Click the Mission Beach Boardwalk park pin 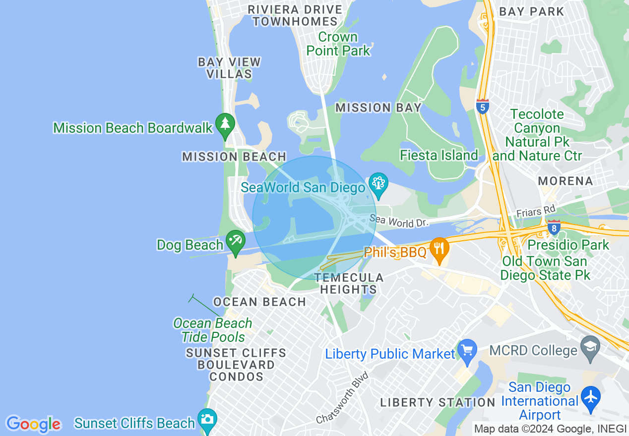[225, 126]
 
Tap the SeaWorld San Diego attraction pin [378, 186]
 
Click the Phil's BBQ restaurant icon [439, 250]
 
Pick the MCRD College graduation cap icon [590, 349]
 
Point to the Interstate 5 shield [482, 107]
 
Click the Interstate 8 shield [554, 227]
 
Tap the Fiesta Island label [439, 156]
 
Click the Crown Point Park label [338, 44]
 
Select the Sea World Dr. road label [399, 221]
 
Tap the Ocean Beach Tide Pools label [213, 330]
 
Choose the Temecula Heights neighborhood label [349, 283]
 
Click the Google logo [33, 424]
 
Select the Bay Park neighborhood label [531, 11]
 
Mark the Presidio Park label [568, 245]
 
